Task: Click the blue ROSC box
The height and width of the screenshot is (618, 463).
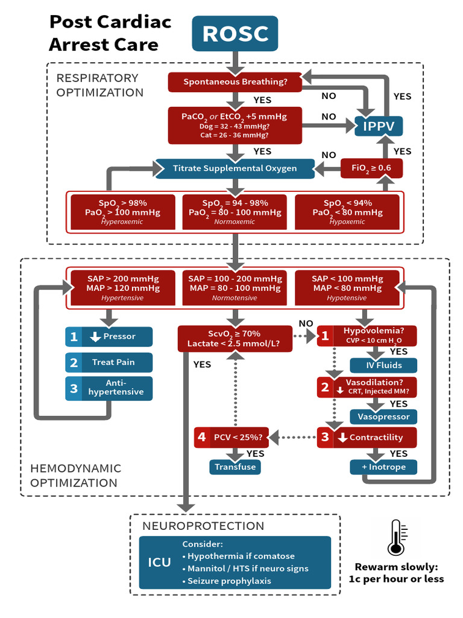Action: click(x=235, y=34)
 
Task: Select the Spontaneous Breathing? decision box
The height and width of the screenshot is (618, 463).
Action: click(x=235, y=82)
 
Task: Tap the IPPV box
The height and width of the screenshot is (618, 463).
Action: click(x=379, y=126)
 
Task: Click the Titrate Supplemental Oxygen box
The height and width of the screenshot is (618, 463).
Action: click(x=235, y=168)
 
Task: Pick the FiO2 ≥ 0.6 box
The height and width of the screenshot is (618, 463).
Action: click(x=371, y=168)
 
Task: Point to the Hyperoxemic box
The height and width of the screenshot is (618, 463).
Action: click(x=123, y=212)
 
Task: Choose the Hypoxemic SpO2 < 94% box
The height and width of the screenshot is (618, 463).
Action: click(x=347, y=212)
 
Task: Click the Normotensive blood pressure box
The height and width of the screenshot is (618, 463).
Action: click(x=235, y=288)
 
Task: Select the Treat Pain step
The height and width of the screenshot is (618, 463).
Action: click(x=109, y=362)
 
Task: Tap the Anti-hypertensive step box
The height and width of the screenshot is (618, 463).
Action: click(x=109, y=388)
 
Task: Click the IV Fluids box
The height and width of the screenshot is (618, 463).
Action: click(x=383, y=365)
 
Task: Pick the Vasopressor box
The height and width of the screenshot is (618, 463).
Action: click(x=383, y=416)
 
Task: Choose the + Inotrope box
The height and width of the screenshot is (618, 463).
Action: click(x=383, y=467)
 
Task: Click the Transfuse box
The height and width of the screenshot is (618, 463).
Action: click(x=235, y=467)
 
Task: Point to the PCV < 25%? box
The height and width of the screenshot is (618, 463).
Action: click(x=231, y=438)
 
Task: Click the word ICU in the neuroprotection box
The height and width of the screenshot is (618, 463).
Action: click(x=159, y=562)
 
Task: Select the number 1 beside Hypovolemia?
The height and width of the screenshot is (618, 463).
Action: click(x=325, y=336)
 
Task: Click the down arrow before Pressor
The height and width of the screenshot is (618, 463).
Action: click(x=95, y=337)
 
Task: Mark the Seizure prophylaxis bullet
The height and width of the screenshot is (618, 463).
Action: click(x=227, y=581)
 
